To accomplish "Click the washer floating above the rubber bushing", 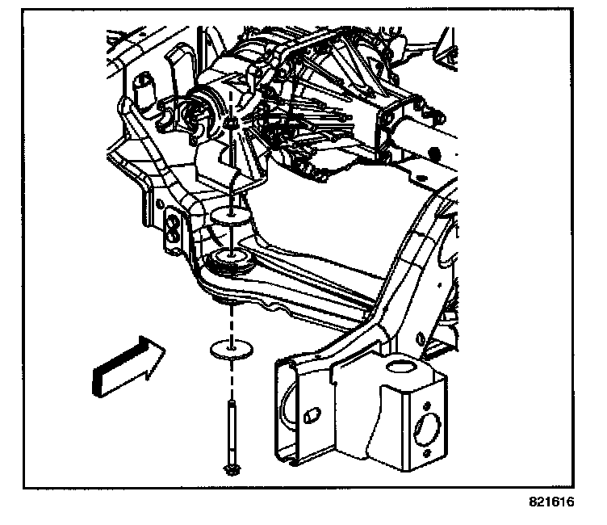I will coord(232,216).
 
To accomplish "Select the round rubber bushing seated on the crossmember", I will coord(232,260).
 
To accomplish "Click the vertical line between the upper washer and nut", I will coord(232,170).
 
